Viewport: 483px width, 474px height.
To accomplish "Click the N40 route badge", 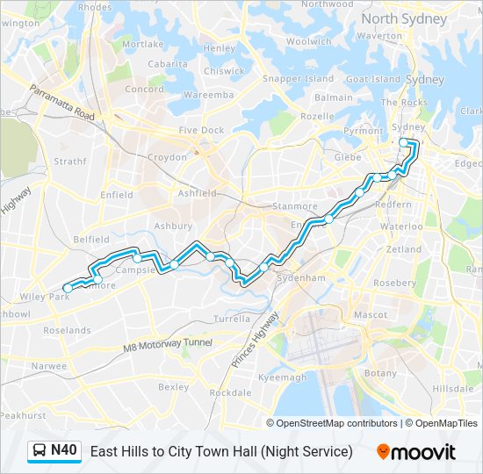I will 54,451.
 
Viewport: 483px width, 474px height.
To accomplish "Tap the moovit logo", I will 416,452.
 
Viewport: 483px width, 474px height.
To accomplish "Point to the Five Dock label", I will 202,130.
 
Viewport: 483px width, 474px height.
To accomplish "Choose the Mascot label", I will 370,313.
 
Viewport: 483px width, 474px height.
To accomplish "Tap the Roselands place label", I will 68,331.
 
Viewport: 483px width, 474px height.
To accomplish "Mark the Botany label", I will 380,373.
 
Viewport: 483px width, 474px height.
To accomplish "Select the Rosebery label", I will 394,283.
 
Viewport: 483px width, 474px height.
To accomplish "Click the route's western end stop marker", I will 68,287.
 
